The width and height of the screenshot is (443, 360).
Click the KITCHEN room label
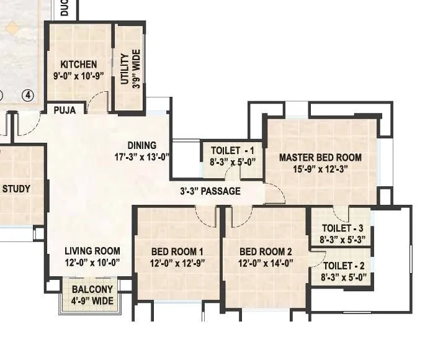tap(78, 65)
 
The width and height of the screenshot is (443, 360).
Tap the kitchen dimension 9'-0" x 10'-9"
tap(78, 76)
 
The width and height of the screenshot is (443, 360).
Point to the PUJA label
tap(65, 110)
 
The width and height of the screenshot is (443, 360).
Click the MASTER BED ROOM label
tap(320, 157)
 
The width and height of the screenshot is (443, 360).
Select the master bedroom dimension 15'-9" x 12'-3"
tap(320, 169)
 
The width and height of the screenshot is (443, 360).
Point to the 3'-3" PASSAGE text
tap(210, 191)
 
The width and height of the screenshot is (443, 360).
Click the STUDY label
tap(16, 188)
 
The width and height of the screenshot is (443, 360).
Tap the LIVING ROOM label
tap(93, 251)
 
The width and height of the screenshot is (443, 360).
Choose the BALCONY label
tap(92, 289)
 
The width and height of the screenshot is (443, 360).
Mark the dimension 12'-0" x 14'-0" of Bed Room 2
tap(266, 263)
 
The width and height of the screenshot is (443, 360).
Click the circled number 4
tap(27, 95)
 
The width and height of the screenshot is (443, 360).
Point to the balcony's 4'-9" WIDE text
tap(92, 301)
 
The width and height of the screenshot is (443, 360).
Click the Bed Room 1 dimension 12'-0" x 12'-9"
tap(177, 263)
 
